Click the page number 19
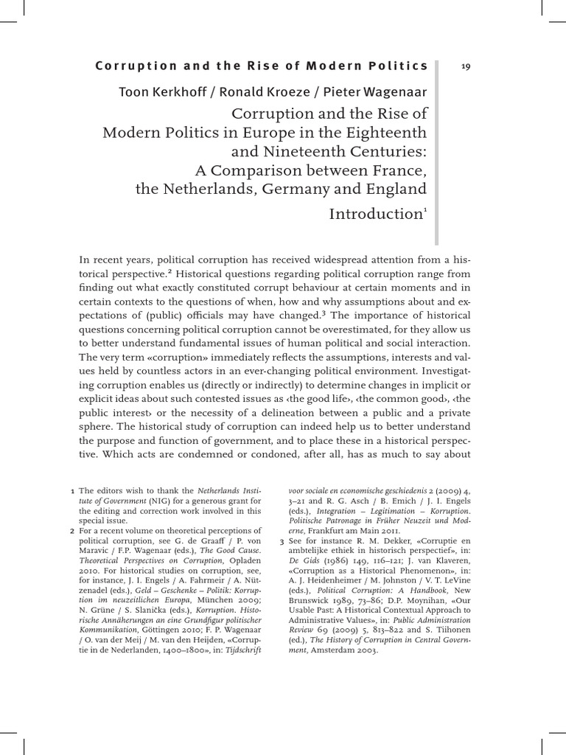click(465, 66)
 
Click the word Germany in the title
click(318, 189)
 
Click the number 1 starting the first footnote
click(71, 490)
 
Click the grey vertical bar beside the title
click(437, 151)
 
